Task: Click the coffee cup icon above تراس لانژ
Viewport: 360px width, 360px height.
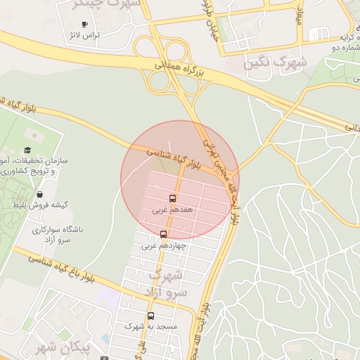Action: (85, 24)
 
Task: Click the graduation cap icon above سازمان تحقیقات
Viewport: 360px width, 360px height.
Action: (27, 150)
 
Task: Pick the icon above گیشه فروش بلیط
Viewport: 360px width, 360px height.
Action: (39, 195)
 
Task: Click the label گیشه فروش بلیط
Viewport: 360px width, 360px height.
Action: (40, 205)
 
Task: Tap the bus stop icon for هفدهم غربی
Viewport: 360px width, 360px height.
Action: (173, 199)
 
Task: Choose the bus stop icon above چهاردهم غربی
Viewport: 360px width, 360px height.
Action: (164, 234)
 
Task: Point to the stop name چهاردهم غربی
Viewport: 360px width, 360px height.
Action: (163, 245)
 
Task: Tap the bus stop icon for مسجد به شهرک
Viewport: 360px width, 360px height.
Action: (150, 316)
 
